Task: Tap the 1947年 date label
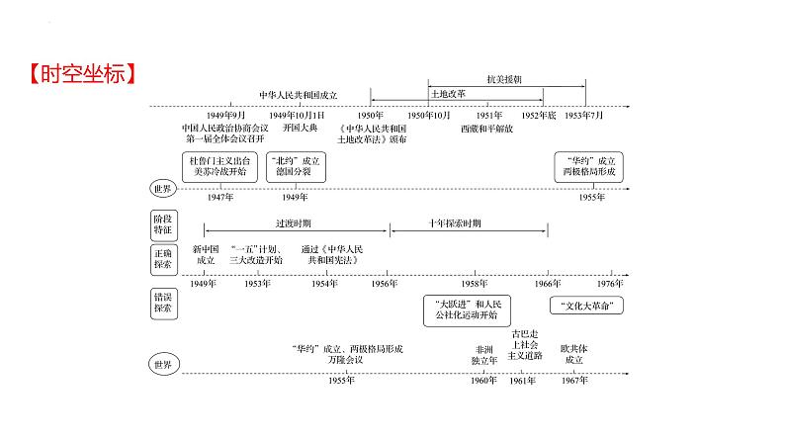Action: coord(220,198)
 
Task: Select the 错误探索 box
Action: coord(161,303)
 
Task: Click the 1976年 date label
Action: coord(610,283)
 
